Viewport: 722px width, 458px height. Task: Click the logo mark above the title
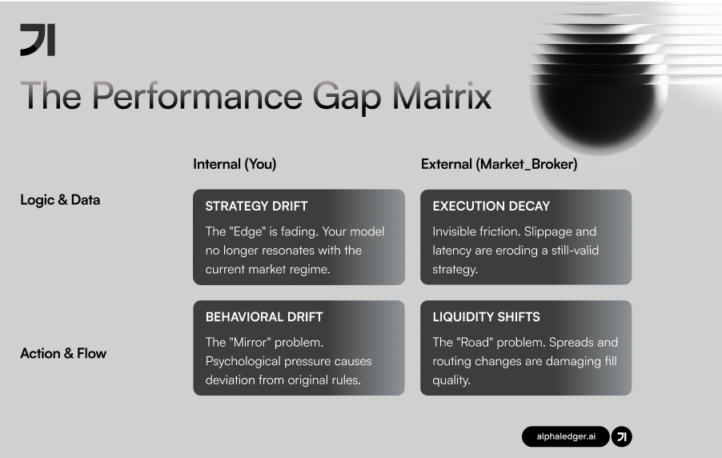coord(38,39)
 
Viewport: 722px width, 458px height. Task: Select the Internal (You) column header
coord(235,164)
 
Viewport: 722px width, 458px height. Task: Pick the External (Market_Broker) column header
coord(499,164)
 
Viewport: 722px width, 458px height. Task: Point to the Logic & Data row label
coord(60,200)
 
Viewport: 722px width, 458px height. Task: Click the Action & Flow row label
coord(63,353)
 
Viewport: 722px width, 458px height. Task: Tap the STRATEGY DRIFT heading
coord(256,207)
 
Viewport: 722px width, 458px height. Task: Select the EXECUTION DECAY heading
coord(491,207)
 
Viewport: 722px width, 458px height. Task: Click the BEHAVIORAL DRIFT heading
coord(263,317)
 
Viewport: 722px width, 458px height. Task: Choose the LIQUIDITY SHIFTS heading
coord(486,317)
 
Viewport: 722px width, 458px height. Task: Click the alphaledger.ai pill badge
coord(565,436)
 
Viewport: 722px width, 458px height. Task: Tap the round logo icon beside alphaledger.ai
coord(622,436)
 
